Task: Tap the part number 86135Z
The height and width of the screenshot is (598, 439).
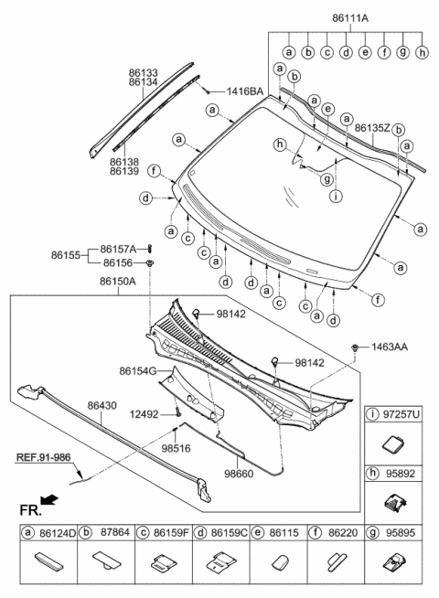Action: tap(371, 128)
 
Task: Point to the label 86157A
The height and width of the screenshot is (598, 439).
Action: tap(119, 249)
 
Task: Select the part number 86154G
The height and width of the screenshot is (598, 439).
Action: tap(136, 371)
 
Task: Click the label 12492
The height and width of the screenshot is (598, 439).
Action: tap(146, 414)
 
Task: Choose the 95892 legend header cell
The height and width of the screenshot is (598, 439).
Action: tap(399, 473)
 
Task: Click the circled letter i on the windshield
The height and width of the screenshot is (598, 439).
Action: tap(337, 195)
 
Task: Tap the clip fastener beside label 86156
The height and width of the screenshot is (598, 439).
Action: tap(150, 263)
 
